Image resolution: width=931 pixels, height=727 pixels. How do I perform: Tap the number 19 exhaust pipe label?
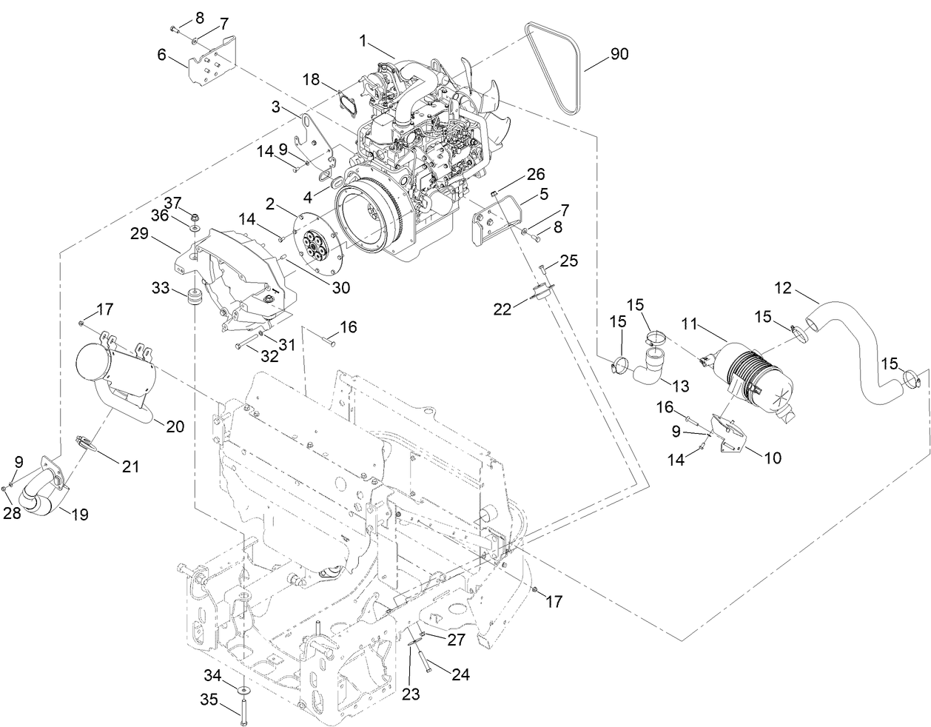click(80, 515)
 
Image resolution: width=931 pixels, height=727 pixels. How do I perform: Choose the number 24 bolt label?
click(460, 674)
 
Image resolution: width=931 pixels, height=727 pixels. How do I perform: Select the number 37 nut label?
click(172, 202)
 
